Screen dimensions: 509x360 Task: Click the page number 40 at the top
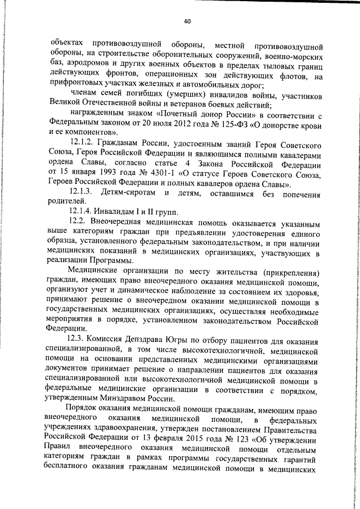pos(187,21)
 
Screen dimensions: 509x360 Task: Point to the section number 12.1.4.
pos(80,211)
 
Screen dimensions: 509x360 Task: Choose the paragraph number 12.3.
pos(77,340)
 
